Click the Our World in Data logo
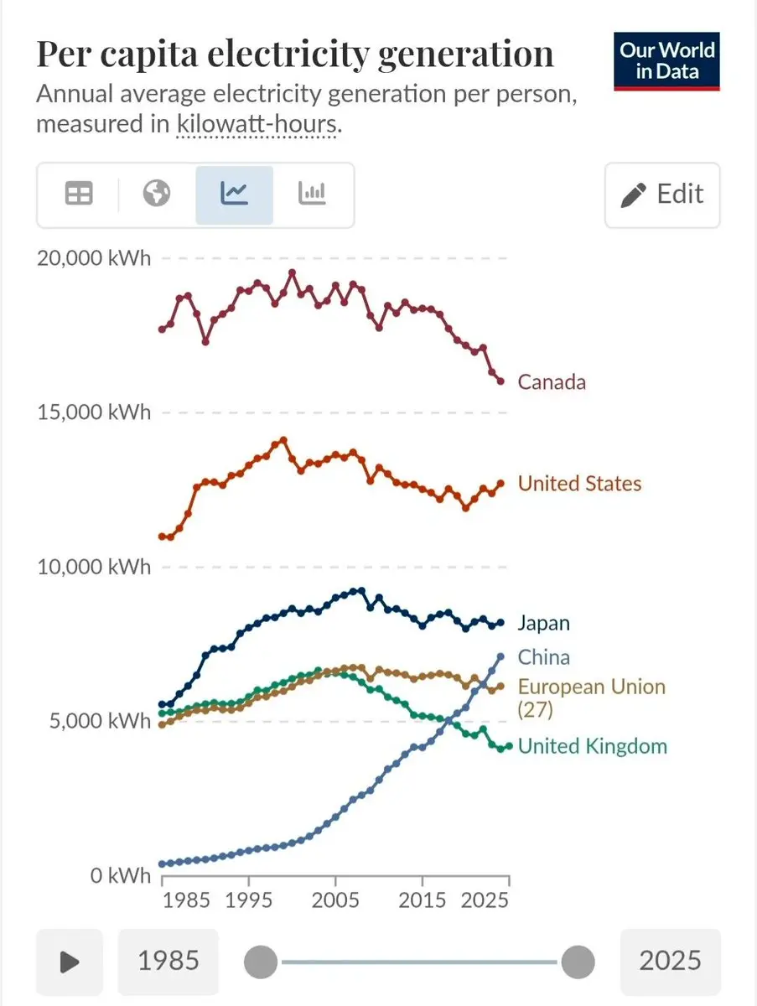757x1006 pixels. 666,61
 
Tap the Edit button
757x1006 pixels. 662,194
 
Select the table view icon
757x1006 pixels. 80,194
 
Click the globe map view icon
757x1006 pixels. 157,194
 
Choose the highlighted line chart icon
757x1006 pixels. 234,194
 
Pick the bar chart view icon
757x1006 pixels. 312,194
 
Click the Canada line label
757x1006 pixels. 552,382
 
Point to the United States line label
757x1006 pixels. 579,484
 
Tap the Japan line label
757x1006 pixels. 543,623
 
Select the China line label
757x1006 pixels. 543,657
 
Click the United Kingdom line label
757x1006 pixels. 592,746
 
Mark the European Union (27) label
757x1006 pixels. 591,697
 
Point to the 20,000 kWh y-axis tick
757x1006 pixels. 94,258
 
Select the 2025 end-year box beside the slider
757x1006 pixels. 670,962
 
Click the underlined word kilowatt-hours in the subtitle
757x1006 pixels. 256,125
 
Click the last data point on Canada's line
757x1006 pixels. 500,381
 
